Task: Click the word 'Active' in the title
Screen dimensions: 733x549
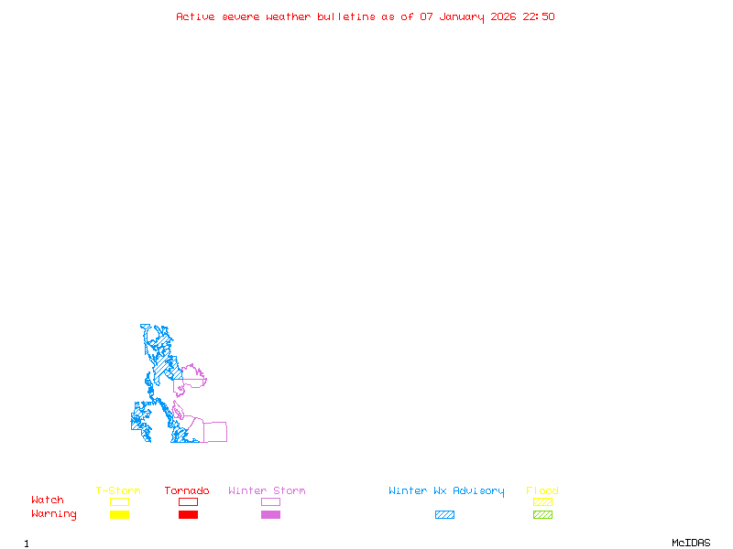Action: coord(195,16)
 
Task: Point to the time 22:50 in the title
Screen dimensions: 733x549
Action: coord(539,16)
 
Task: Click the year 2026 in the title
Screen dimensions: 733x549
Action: coord(503,16)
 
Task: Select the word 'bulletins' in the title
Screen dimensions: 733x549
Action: coord(346,16)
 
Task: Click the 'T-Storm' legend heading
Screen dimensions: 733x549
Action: coord(118,491)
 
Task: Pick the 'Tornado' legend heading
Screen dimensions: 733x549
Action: coord(187,491)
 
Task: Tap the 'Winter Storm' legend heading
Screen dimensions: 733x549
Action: coord(267,491)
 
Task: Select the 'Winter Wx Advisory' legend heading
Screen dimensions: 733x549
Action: coord(446,491)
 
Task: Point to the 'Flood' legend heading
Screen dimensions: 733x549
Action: coord(542,491)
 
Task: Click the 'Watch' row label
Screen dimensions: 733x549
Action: coord(48,501)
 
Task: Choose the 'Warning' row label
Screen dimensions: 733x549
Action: coord(54,514)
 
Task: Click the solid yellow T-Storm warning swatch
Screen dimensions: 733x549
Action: coord(119,515)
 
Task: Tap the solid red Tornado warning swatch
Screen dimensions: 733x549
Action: coord(188,515)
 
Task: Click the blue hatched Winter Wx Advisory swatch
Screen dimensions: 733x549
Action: coord(444,515)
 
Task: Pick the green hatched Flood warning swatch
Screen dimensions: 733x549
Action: coord(542,515)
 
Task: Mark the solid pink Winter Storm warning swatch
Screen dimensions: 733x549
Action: coord(270,515)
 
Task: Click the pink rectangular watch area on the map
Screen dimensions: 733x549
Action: coord(215,432)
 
